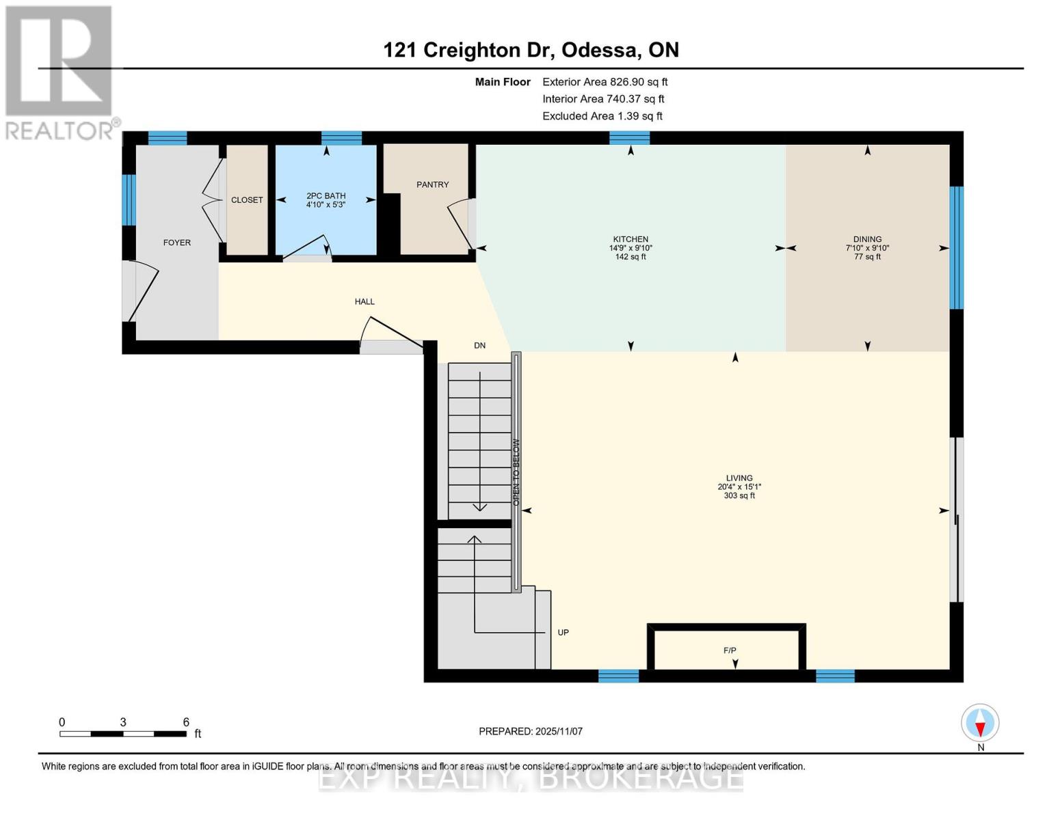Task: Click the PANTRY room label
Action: click(432, 184)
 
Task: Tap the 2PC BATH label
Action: click(326, 196)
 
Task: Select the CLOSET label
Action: click(247, 200)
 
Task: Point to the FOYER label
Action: click(177, 242)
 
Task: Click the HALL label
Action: click(364, 301)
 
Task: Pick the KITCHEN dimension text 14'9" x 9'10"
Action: click(630, 248)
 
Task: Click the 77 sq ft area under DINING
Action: click(868, 257)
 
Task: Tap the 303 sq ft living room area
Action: click(739, 495)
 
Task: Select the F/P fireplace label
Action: click(730, 650)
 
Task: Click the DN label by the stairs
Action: click(479, 345)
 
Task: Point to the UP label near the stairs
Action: click(563, 633)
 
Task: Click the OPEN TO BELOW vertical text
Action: click(516, 472)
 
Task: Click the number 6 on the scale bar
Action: click(186, 722)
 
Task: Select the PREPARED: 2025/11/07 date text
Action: click(531, 731)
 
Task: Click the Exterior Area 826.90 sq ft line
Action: click(605, 82)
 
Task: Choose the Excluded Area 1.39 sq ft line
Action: click(602, 116)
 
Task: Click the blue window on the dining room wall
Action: click(957, 247)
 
